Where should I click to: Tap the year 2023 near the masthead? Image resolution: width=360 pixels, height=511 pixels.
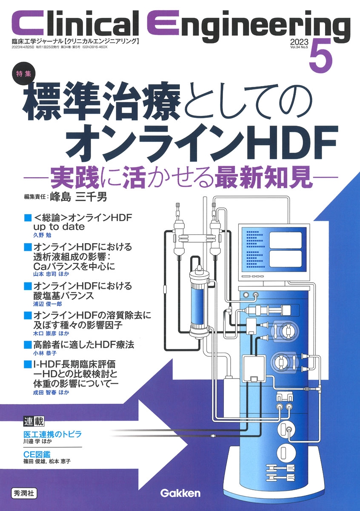299,42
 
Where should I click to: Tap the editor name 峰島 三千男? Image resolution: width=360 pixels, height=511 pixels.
78,197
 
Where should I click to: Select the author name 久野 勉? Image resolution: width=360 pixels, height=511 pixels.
43,235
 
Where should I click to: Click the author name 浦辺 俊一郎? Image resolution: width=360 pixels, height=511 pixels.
47,304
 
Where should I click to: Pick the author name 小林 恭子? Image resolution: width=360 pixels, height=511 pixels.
45,353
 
